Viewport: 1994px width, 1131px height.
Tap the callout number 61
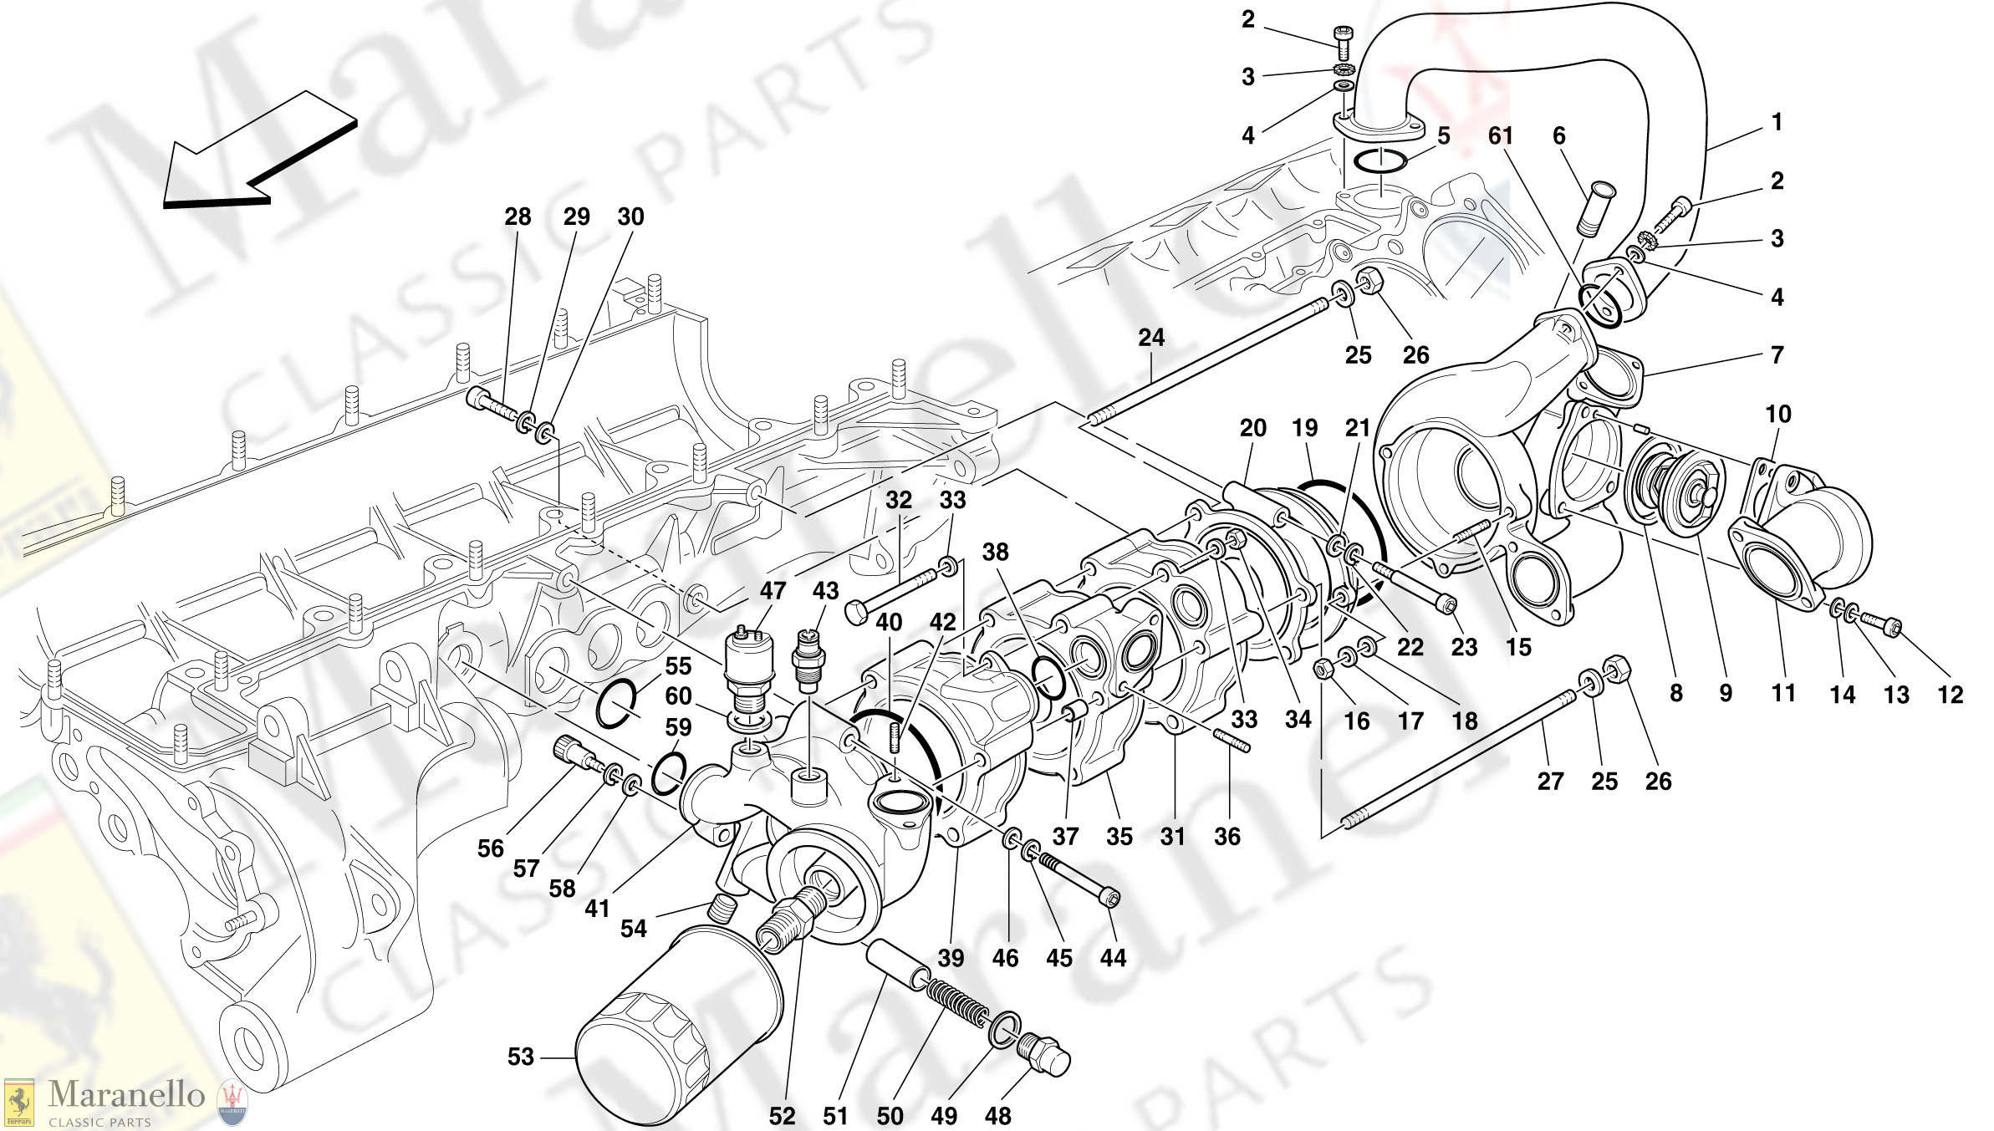pyautogui.click(x=1500, y=136)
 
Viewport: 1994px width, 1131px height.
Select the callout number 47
pyautogui.click(x=773, y=591)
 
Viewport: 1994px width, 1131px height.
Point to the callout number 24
pyautogui.click(x=1150, y=338)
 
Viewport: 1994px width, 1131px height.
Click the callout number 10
pyautogui.click(x=1777, y=414)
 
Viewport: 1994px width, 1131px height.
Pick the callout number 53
pyautogui.click(x=520, y=1057)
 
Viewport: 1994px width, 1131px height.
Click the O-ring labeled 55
pyautogui.click(x=616, y=704)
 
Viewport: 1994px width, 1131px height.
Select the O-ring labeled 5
pyautogui.click(x=1379, y=160)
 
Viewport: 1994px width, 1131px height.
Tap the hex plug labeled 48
pyautogui.click(x=1044, y=1056)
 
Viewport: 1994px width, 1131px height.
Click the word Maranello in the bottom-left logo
pyautogui.click(x=126, y=1094)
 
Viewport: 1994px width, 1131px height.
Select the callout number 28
pyautogui.click(x=518, y=217)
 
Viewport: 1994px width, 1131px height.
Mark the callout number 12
pyautogui.click(x=1950, y=695)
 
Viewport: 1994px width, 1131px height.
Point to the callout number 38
pyautogui.click(x=995, y=552)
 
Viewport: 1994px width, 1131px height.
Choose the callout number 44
pyautogui.click(x=1113, y=958)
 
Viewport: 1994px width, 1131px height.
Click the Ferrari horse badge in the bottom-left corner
pyautogui.click(x=19, y=1103)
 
